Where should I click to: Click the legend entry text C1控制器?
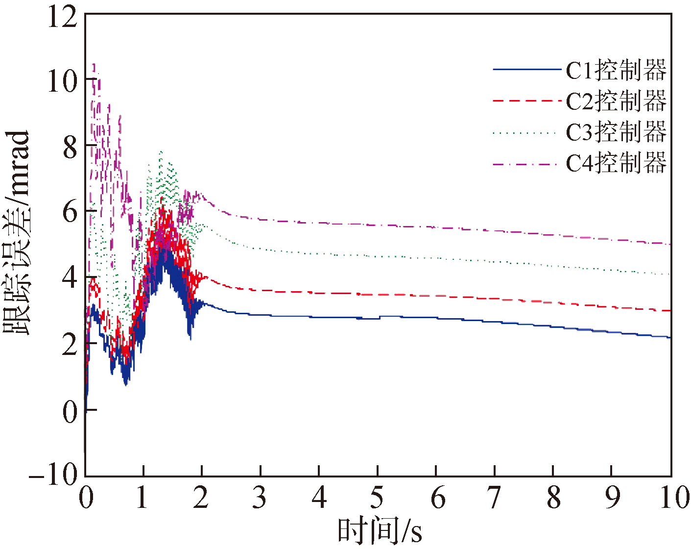click(616, 70)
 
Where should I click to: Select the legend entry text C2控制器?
click(616, 101)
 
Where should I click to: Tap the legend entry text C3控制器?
click(616, 132)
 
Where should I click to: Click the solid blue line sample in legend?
click(526, 70)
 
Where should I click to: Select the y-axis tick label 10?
click(62, 81)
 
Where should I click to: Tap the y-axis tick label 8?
click(70, 147)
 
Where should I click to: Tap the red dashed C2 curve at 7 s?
click(495, 299)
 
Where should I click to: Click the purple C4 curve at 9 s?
click(612, 239)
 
